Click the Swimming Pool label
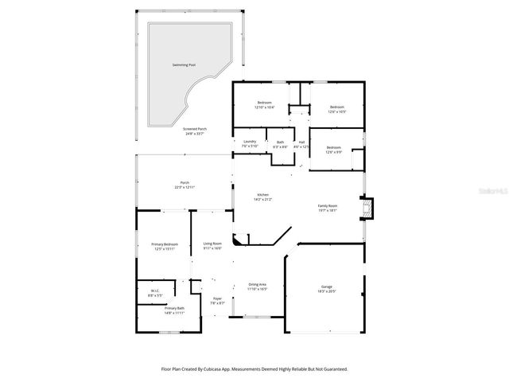pyautogui.click(x=184, y=64)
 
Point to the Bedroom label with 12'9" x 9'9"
pyautogui.click(x=335, y=148)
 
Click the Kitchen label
pyautogui.click(x=262, y=196)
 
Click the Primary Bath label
pyautogui.click(x=175, y=308)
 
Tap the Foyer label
pyautogui.click(x=217, y=300)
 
